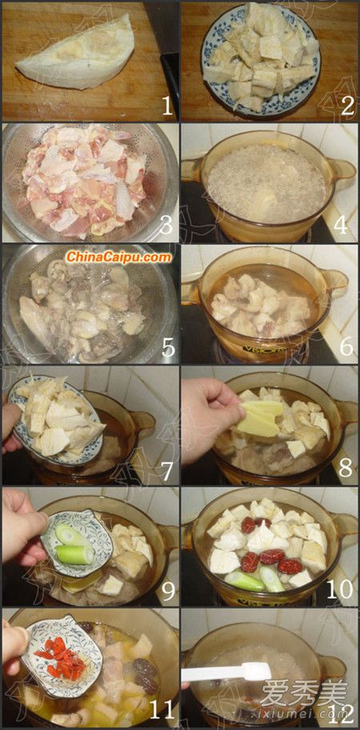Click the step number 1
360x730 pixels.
pos(167,106)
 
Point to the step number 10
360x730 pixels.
pos(339,589)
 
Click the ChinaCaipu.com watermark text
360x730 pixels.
pos(118,257)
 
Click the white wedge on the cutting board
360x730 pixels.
pos(78,50)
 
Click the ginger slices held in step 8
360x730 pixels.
pos(259,418)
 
